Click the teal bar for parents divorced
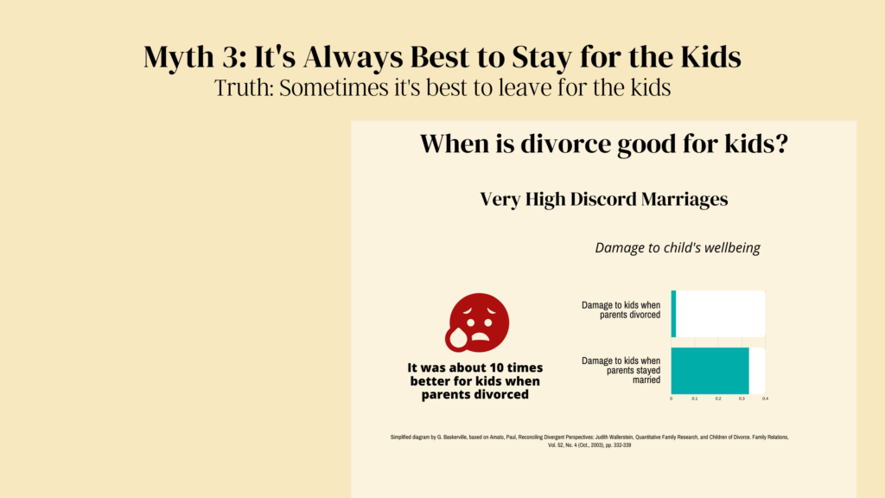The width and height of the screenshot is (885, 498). [673, 314]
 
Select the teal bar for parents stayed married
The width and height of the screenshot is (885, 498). [710, 370]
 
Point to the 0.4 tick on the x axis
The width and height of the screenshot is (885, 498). [766, 399]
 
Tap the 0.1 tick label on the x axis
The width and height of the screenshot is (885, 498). [695, 399]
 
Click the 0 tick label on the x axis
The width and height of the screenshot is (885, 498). [671, 399]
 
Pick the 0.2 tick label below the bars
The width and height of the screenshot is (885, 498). [718, 399]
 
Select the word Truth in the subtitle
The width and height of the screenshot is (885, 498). [243, 88]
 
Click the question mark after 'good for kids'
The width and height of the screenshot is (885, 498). [781, 144]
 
